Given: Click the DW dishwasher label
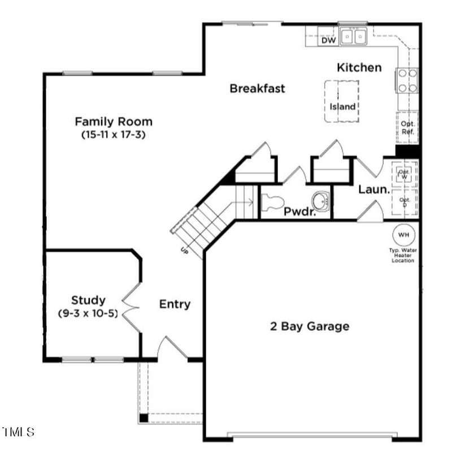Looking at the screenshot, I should pos(329,40).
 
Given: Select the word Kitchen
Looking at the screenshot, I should pos(359,67).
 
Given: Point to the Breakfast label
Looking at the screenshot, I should pos(257,88).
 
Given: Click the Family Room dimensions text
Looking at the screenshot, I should pos(114,135).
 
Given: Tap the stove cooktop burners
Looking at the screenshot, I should pos(407,80).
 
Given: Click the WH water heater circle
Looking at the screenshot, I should pos(403,234).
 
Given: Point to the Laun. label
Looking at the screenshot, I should pos(373,190).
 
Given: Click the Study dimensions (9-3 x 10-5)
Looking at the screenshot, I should pos(88,313).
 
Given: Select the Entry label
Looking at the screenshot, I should pos(175,304).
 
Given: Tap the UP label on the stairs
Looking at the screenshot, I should pos(184,249).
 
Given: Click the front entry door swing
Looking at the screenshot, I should pos(172,347).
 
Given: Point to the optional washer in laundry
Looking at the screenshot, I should pos(404,174).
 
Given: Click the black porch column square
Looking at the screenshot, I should pos(144,418).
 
